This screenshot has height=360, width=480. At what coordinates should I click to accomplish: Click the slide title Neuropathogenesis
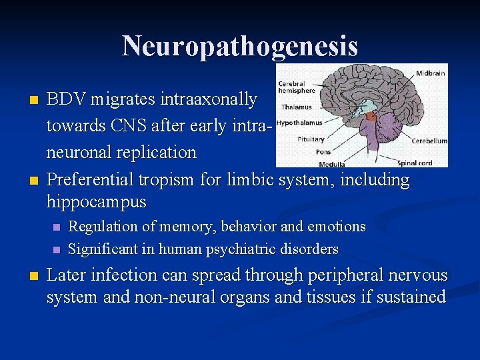click(x=240, y=46)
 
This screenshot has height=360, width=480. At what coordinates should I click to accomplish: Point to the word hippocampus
click(x=96, y=201)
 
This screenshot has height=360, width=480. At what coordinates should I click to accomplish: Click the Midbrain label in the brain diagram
click(x=431, y=73)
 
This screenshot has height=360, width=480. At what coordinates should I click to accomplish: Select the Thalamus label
click(x=296, y=107)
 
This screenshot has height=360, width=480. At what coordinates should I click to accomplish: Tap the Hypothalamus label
click(x=299, y=123)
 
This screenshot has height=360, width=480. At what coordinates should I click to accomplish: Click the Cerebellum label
click(x=429, y=141)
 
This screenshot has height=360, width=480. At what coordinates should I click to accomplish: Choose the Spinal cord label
click(x=415, y=162)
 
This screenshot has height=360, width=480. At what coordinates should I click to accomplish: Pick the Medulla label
click(x=331, y=163)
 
